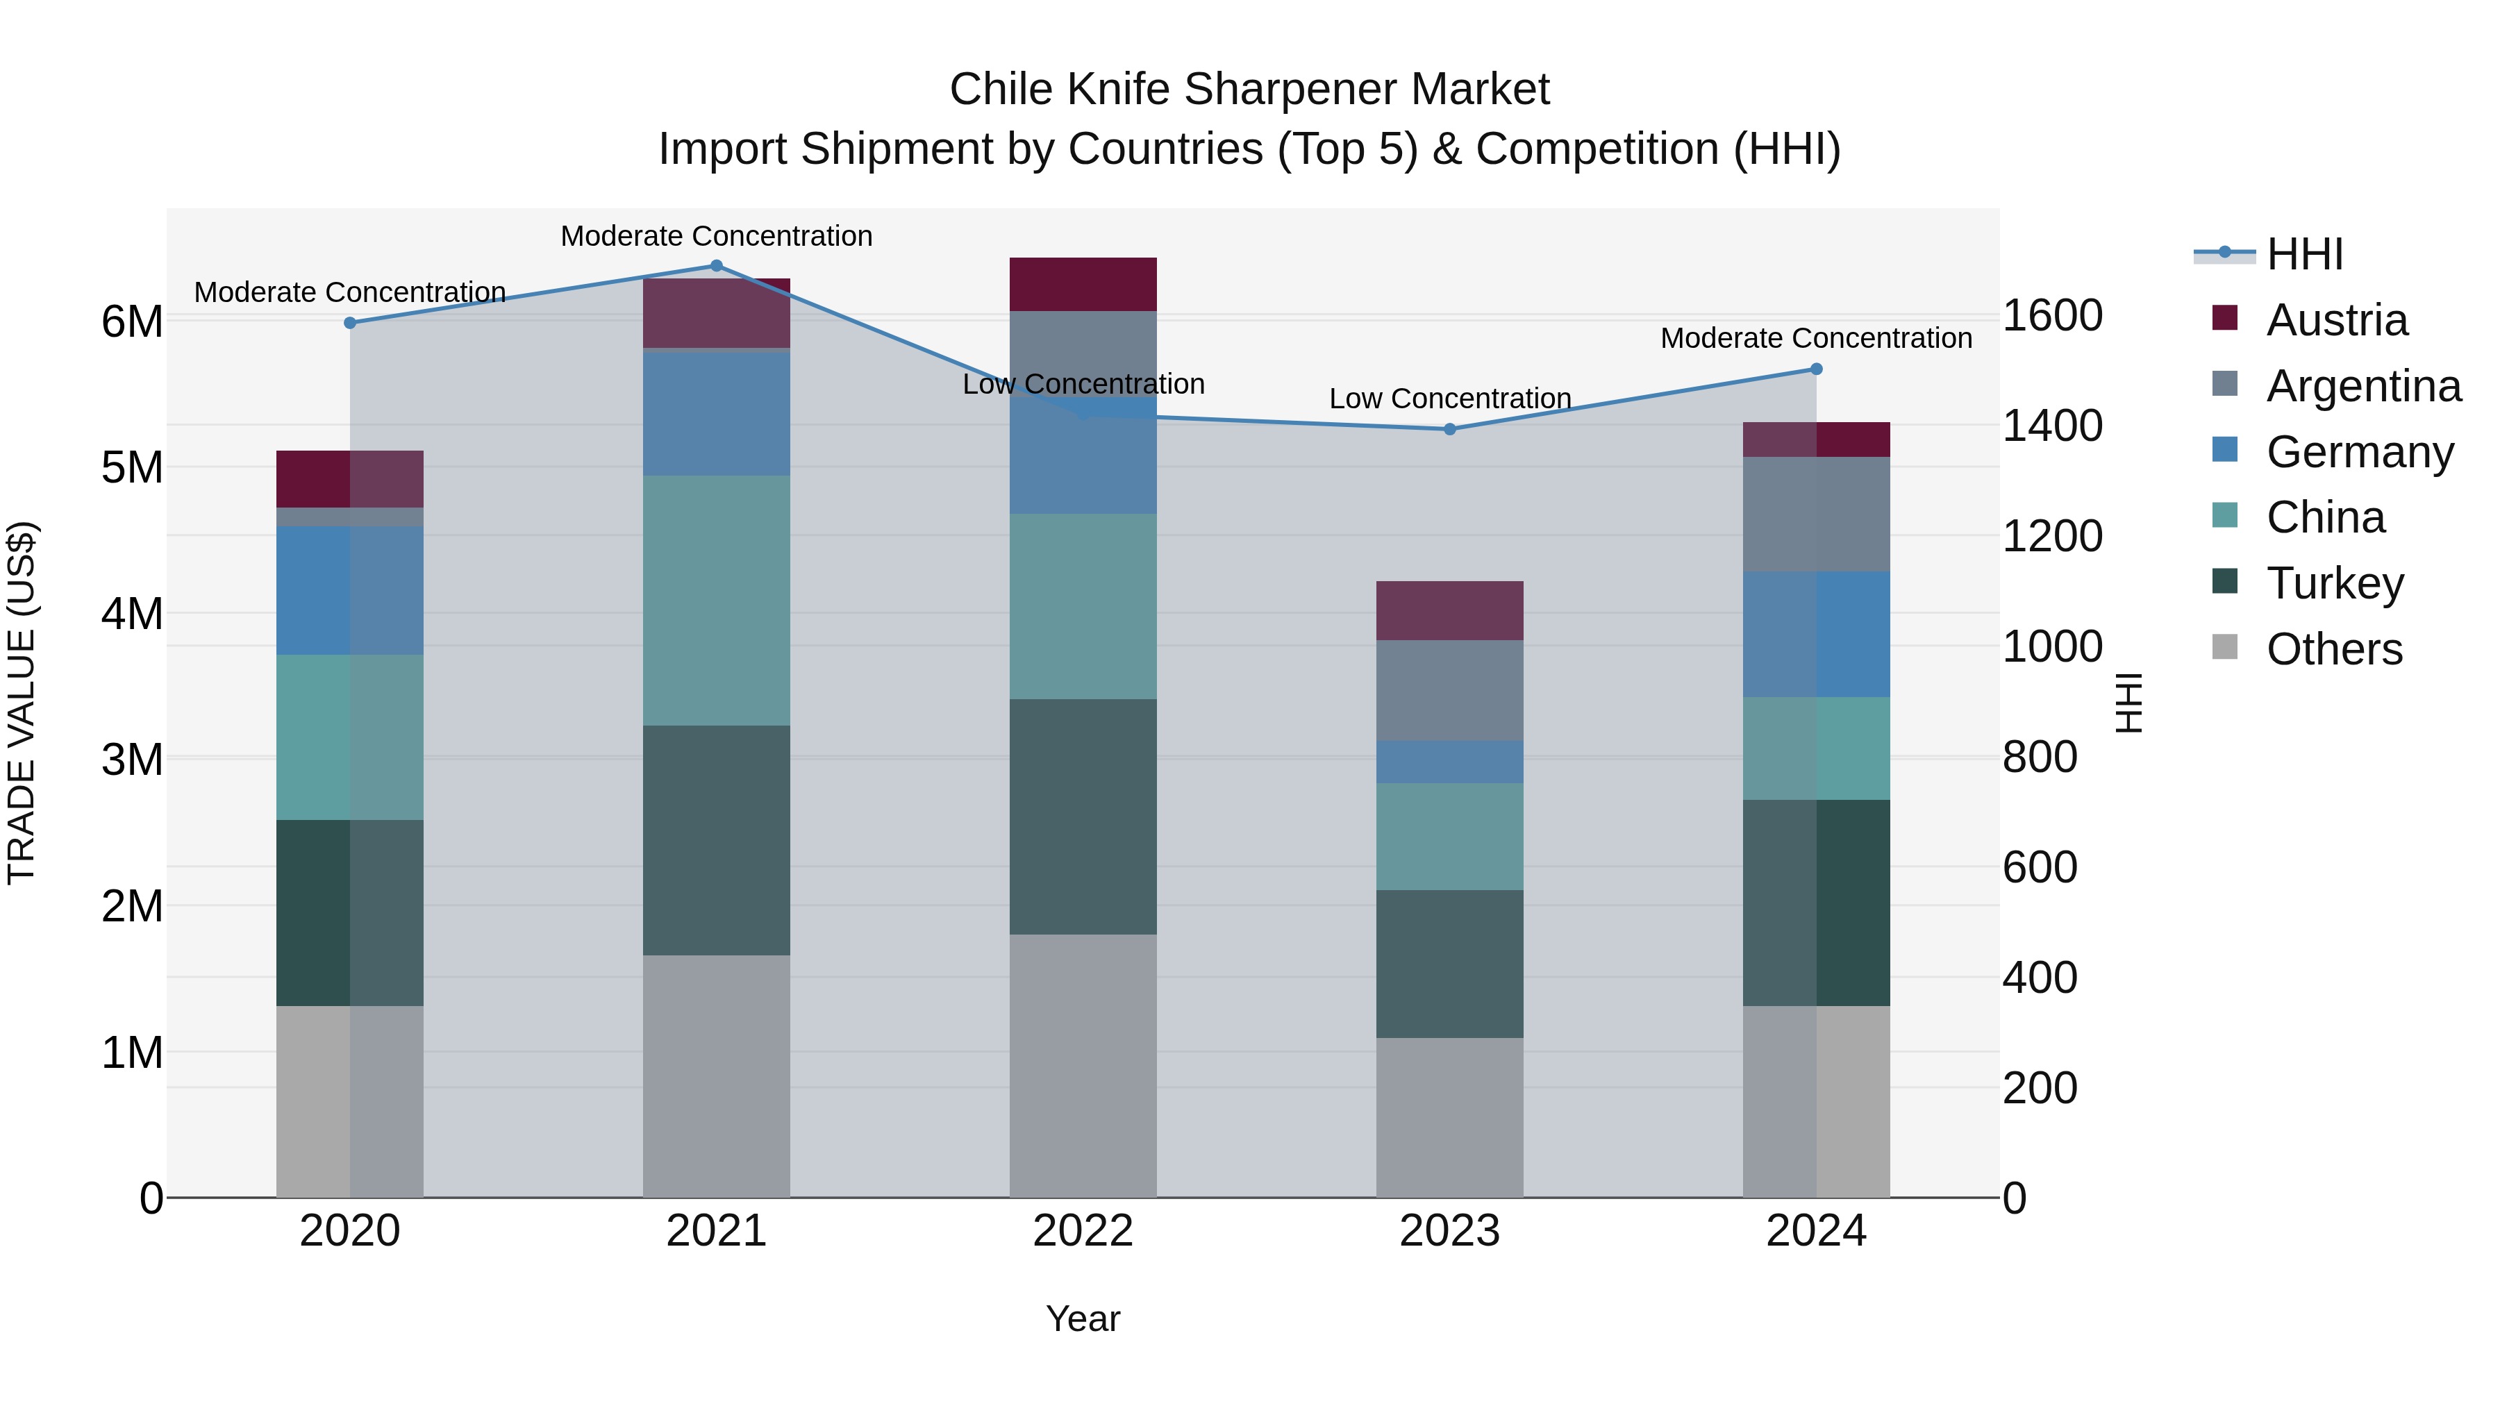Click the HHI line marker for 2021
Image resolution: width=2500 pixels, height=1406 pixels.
click(x=716, y=266)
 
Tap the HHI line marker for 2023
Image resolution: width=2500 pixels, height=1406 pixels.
click(x=1450, y=429)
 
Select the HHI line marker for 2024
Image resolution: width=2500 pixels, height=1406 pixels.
click(x=1817, y=369)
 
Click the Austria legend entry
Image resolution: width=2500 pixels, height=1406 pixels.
click(x=2336, y=320)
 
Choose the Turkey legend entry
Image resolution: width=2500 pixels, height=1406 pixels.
click(x=2334, y=583)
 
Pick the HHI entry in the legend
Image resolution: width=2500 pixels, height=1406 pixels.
click(x=2304, y=254)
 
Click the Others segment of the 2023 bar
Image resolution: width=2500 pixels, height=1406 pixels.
click(x=1450, y=1117)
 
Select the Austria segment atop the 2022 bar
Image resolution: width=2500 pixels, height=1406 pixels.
click(x=1083, y=284)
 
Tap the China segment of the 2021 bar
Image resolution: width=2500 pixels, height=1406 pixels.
click(x=716, y=601)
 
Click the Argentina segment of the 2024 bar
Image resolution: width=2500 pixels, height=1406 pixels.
click(x=1817, y=514)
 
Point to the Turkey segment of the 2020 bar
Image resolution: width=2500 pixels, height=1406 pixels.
click(x=349, y=912)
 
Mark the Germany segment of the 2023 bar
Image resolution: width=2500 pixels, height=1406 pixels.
click(x=1450, y=762)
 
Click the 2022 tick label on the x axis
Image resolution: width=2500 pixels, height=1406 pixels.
click(x=1083, y=1231)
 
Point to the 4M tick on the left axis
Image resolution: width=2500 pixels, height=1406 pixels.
click(x=132, y=613)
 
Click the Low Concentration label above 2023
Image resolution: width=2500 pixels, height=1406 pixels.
click(x=1450, y=399)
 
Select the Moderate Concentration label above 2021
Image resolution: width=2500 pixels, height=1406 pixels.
click(x=716, y=236)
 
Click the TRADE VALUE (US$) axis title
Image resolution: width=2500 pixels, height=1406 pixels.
click(x=22, y=703)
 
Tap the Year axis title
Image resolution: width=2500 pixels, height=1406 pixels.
click(x=1083, y=1319)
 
